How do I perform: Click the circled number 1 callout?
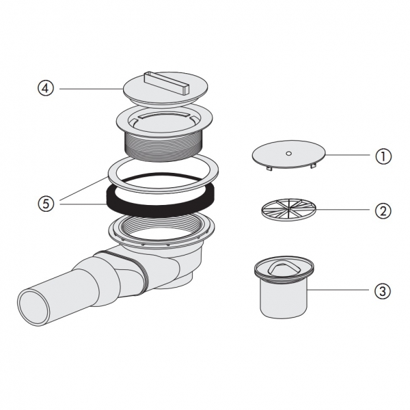pyautogui.click(x=383, y=156)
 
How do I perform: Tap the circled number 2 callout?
pyautogui.click(x=383, y=210)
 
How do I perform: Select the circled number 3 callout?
pyautogui.click(x=383, y=291)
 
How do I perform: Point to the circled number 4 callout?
pyautogui.click(x=46, y=88)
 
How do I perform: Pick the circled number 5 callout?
pyautogui.click(x=46, y=203)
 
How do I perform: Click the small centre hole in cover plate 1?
pyautogui.click(x=288, y=154)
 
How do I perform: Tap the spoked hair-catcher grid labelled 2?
pyautogui.click(x=289, y=209)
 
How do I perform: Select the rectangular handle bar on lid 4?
pyautogui.click(x=166, y=83)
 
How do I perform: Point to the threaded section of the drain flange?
pyautogui.click(x=163, y=146)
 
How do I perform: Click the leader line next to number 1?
pyautogui.click(x=348, y=155)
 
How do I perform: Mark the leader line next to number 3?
pyautogui.click(x=338, y=290)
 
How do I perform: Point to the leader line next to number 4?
pyautogui.click(x=92, y=89)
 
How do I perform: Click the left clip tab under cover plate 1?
pyautogui.click(x=269, y=168)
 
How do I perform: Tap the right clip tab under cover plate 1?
pyautogui.click(x=312, y=166)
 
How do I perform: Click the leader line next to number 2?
pyautogui.click(x=342, y=210)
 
